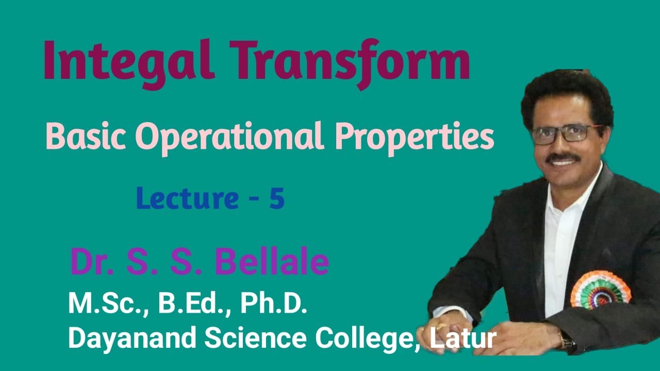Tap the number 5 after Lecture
tap(276, 199)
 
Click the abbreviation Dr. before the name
tap(91, 261)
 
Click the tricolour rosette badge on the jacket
tap(600, 290)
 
